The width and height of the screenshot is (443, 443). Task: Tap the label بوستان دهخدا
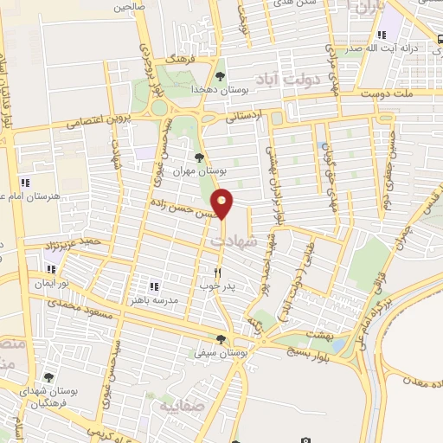244,89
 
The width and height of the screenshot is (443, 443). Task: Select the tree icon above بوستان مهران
200,157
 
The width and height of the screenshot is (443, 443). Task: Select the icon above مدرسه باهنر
153,286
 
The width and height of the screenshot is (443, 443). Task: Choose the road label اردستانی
246,117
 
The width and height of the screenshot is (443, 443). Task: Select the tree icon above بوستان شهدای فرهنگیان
49,377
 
